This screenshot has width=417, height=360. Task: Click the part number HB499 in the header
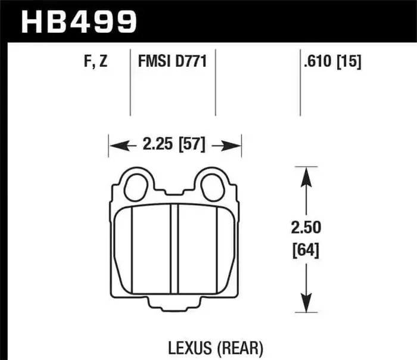tap(79, 22)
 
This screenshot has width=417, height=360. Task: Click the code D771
tap(190, 61)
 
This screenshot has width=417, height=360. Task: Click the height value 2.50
tap(306, 228)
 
